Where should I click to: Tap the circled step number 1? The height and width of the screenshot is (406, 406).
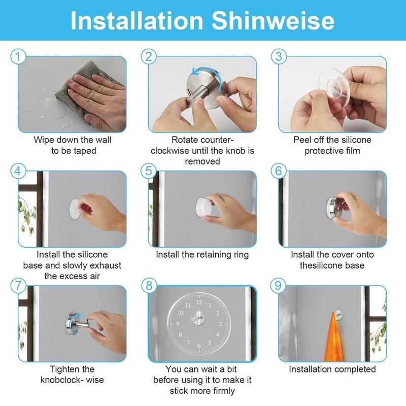pyautogui.click(x=18, y=57)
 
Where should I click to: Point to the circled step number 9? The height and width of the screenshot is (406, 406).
pyautogui.click(x=278, y=285)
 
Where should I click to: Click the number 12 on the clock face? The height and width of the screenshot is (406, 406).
pyautogui.click(x=198, y=303)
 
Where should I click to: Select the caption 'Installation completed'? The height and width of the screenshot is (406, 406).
pyautogui.click(x=332, y=369)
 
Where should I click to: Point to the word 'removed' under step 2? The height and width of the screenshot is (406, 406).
pyautogui.click(x=202, y=161)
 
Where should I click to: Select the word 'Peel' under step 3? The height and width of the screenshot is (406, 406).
pyautogui.click(x=303, y=140)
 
